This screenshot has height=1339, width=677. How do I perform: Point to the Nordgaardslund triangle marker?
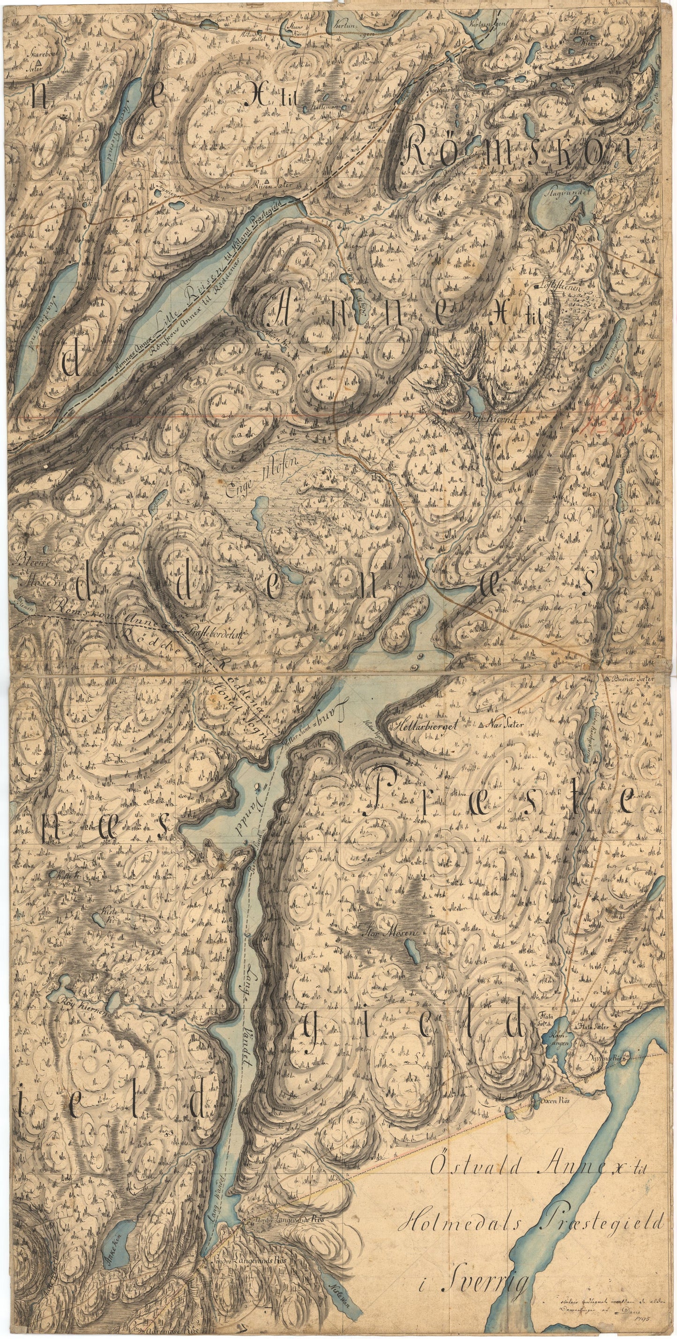point(442,83)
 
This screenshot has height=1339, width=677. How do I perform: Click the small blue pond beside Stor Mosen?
point(413,952)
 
